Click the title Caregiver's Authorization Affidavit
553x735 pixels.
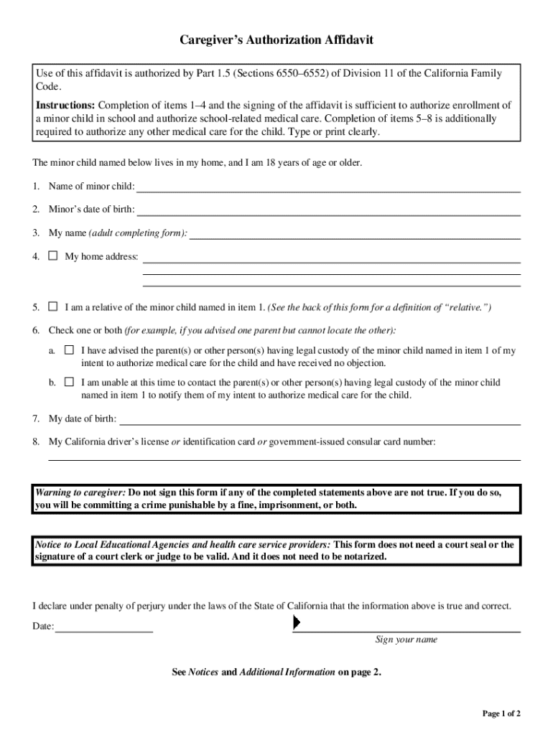(276, 42)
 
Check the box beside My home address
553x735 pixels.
(52, 256)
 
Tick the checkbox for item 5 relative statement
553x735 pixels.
(52, 306)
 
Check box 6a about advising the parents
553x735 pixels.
(69, 350)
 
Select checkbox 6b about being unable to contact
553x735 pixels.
(69, 382)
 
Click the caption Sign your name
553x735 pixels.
(406, 640)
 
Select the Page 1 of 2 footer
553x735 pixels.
(501, 713)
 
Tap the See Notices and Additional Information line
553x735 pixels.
(276, 673)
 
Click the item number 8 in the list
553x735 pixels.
(35, 442)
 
